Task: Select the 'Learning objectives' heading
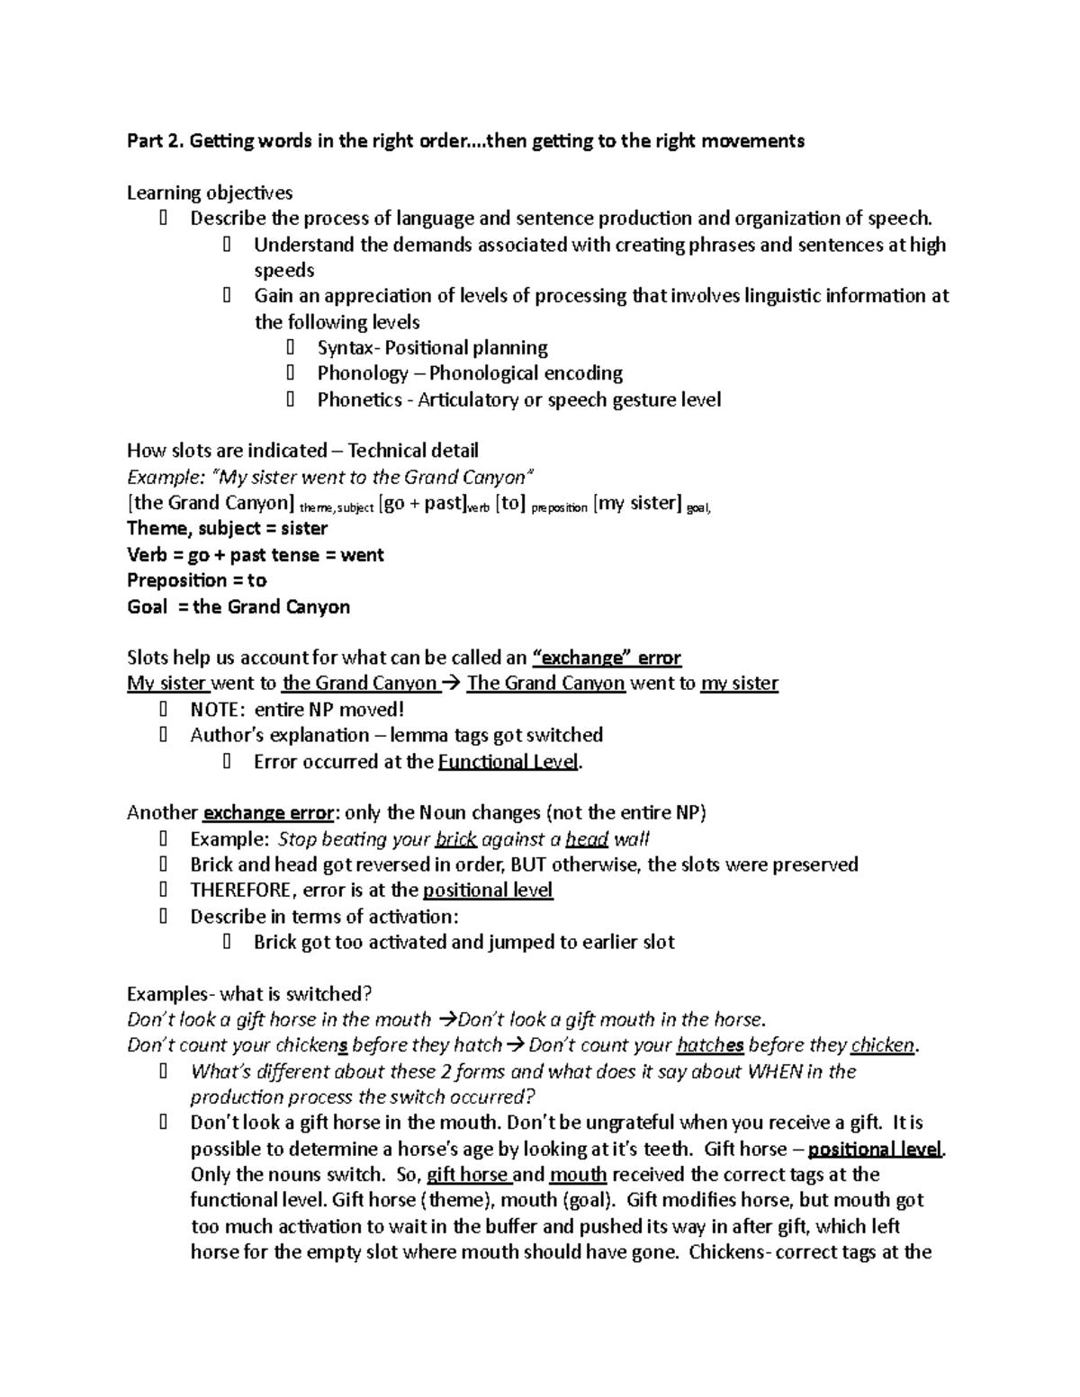click(209, 193)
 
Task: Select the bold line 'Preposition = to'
click(196, 580)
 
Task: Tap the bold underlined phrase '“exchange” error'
click(607, 658)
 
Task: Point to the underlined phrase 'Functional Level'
click(508, 762)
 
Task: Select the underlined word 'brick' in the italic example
click(455, 839)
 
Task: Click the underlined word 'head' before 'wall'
click(587, 839)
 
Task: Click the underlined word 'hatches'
click(710, 1045)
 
